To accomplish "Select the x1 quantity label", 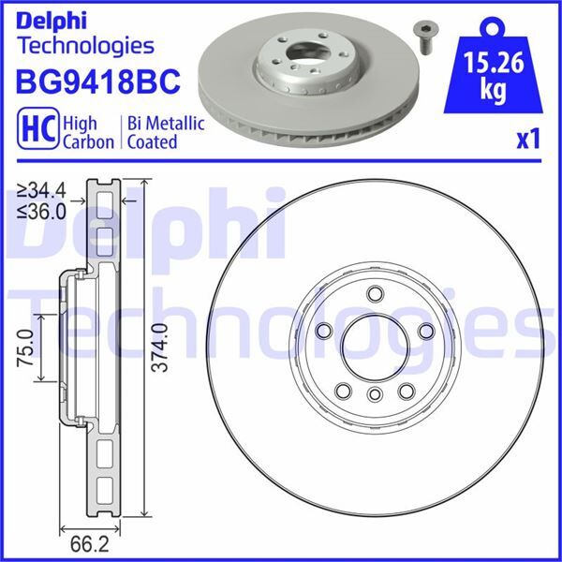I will (x=529, y=140).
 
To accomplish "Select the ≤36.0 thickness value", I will (x=41, y=212).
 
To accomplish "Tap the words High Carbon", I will (x=88, y=132).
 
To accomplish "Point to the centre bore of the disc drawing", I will (x=373, y=346).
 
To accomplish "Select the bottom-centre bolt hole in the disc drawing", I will (x=373, y=394).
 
